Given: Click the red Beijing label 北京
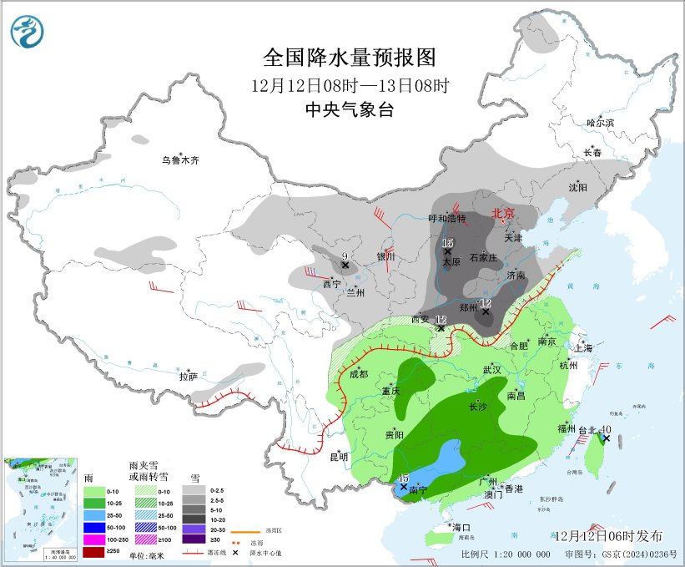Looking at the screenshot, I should [x=505, y=213].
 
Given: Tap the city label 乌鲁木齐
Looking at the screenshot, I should [x=181, y=159].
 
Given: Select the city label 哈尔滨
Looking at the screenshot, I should [x=599, y=123].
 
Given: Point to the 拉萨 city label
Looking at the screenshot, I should [x=189, y=377].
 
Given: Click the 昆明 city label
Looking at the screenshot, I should [x=338, y=457].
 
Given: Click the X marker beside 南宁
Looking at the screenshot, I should [x=404, y=487].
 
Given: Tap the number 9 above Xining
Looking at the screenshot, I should [x=345, y=256].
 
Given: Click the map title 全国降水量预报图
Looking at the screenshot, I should [x=350, y=57].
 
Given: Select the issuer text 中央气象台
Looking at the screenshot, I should [x=350, y=109].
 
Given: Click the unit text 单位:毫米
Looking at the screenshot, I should [x=147, y=554].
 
